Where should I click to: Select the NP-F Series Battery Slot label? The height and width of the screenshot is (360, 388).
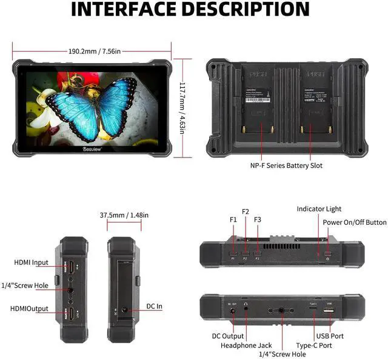pos(286,165)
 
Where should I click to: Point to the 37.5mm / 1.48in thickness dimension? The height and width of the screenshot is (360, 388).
pos(124,215)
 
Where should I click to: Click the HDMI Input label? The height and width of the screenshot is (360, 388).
pos(32,262)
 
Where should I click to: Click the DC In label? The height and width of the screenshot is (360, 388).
pos(155,307)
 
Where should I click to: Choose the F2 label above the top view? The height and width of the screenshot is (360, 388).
pos(246,212)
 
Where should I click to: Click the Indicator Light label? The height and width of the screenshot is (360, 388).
pos(319,209)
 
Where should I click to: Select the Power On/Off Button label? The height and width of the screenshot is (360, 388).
pos(354,222)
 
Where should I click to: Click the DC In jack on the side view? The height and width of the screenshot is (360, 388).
pos(125,310)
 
